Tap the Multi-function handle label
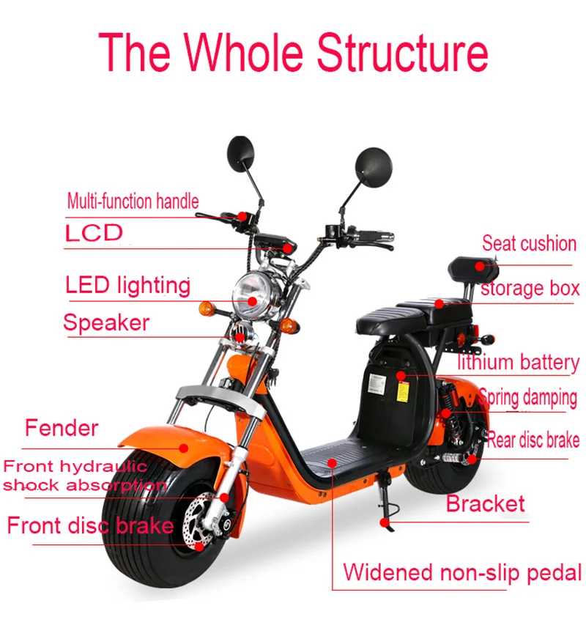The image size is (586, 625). pyautogui.click(x=133, y=201)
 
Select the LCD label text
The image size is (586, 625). pyautogui.click(x=94, y=234)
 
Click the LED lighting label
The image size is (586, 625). pyautogui.click(x=128, y=285)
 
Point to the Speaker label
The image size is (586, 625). pyautogui.click(x=106, y=322)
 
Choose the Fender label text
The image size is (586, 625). pyautogui.click(x=62, y=428)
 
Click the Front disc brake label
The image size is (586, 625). pyautogui.click(x=90, y=525)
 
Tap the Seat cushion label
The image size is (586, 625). pyautogui.click(x=529, y=243)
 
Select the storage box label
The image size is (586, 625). pyautogui.click(x=530, y=288)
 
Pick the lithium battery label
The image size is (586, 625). pyautogui.click(x=518, y=362)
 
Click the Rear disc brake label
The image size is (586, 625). pyautogui.click(x=533, y=440)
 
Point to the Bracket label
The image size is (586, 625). pyautogui.click(x=486, y=504)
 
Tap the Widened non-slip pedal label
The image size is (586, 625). pyautogui.click(x=462, y=572)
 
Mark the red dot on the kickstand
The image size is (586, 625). pyautogui.click(x=384, y=522)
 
